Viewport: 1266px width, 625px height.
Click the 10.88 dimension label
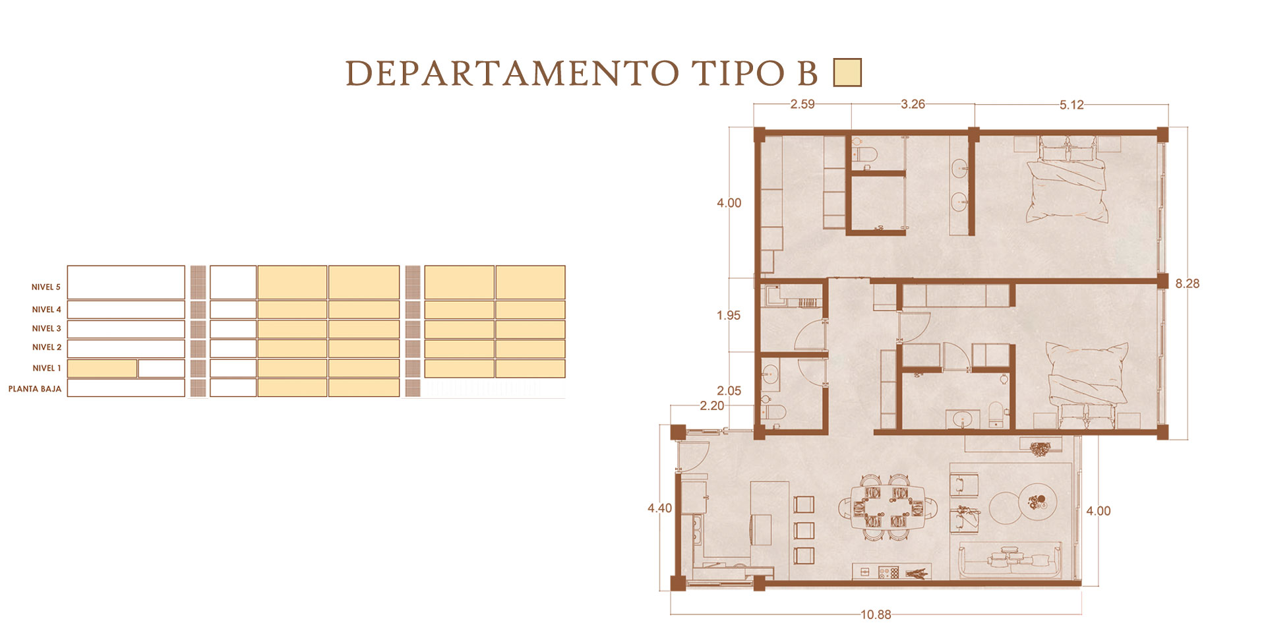[x=875, y=614]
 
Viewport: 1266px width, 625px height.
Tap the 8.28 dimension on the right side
[x=1188, y=283]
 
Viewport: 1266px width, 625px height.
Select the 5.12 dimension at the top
[x=1071, y=105]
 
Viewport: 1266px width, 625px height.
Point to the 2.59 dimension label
[x=802, y=104]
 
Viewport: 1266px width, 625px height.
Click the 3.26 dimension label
[x=913, y=104]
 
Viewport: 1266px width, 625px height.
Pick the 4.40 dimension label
[x=659, y=508]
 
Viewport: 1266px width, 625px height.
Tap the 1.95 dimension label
[x=729, y=316]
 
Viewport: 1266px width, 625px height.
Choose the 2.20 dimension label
[x=711, y=406]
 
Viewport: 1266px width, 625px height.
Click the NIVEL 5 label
[x=46, y=287]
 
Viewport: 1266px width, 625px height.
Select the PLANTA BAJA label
[x=35, y=389]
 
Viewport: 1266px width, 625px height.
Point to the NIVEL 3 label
[x=47, y=328]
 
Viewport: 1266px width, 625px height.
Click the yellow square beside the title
[x=847, y=73]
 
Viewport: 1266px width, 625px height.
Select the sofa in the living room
[x=1010, y=560]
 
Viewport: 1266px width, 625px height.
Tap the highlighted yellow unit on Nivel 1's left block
[x=102, y=369]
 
